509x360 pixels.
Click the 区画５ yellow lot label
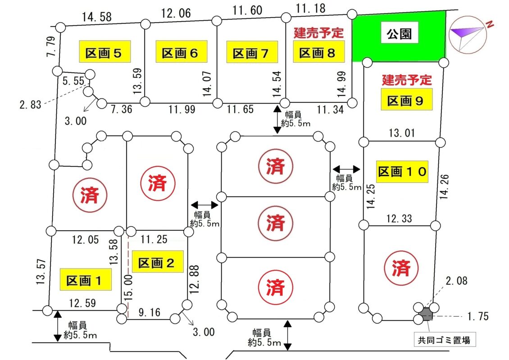point(105,52)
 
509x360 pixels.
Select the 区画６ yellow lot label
point(182,52)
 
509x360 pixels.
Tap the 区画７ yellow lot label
point(252,52)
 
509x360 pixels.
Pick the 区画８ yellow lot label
point(319,52)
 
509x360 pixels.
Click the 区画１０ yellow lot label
point(402,172)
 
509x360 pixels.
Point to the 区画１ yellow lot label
point(86,279)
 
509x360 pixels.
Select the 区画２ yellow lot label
point(158,262)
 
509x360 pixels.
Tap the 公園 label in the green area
point(400,32)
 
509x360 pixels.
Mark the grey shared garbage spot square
point(426,314)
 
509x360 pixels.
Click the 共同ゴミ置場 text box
point(444,340)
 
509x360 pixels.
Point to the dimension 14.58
point(96,17)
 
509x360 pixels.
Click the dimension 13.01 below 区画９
point(402,133)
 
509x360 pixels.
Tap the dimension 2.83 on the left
point(31,105)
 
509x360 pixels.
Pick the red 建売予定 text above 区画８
point(319,33)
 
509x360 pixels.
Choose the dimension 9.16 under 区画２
point(150,312)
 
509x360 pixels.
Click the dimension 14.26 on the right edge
point(444,187)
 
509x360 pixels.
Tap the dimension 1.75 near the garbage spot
point(478,316)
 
